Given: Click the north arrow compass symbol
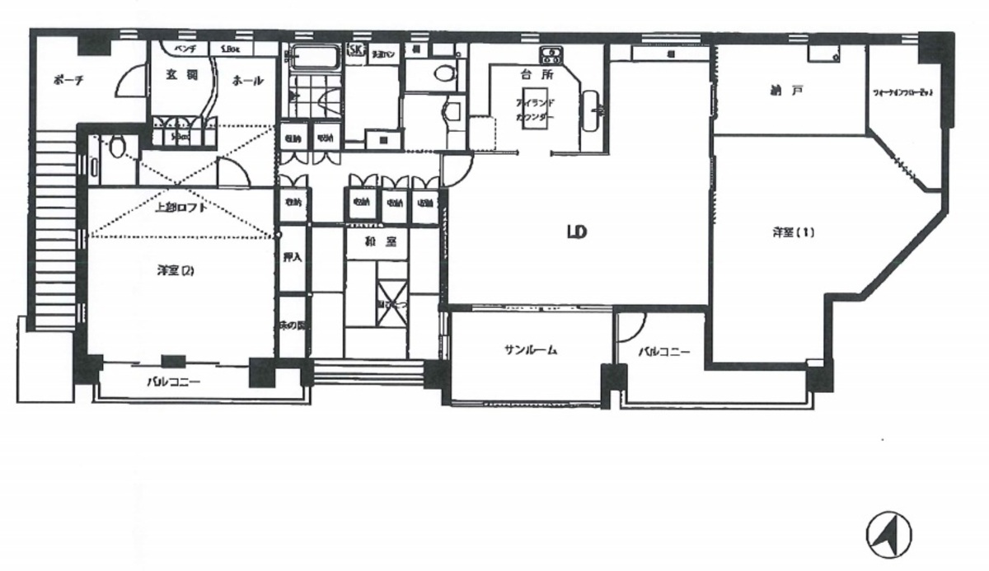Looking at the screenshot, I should (888, 534).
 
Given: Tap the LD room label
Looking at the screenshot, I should (575, 232).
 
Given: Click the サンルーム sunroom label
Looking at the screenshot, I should (531, 350).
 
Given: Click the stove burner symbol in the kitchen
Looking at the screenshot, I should (550, 56).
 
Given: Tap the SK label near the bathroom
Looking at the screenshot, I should (356, 51).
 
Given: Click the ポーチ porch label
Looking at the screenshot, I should (65, 80).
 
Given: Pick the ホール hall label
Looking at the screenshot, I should (247, 81).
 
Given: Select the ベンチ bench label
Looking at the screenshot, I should (181, 49).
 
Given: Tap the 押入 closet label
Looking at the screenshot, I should (292, 256).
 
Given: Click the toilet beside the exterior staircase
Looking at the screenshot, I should (117, 147).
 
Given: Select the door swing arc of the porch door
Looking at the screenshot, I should (124, 82).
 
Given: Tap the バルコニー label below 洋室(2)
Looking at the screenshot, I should (173, 381).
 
